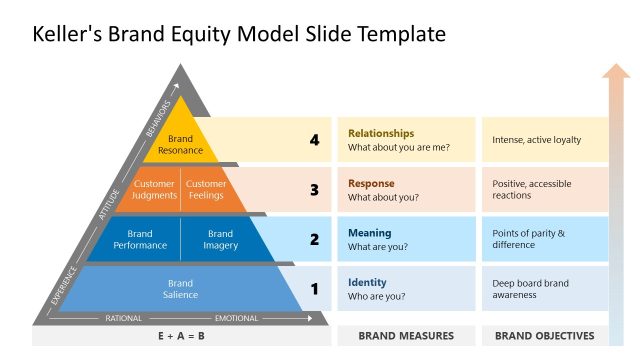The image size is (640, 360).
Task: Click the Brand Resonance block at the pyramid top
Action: click(180, 145)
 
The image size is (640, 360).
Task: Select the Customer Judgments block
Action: click(154, 189)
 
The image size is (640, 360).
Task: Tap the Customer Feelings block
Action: click(206, 189)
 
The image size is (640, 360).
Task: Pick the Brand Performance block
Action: click(140, 239)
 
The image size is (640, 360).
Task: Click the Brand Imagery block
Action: click(220, 239)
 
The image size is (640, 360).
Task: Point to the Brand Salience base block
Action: click(180, 289)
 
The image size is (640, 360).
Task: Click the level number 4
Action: click(314, 140)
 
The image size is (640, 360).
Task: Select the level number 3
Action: click(314, 189)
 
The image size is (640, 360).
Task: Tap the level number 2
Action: click(314, 239)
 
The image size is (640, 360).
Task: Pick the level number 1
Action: click(314, 289)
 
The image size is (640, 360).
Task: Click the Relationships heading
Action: click(381, 133)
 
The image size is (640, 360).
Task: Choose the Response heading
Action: click(371, 183)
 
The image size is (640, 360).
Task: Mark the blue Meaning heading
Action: click(369, 233)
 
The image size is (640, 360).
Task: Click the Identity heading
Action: click(367, 282)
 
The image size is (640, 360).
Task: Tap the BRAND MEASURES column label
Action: click(406, 336)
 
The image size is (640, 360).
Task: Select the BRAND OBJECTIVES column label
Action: click(544, 336)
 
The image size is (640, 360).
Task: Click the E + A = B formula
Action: click(180, 336)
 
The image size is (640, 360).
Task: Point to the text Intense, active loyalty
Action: click(536, 140)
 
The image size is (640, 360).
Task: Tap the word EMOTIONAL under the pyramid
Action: click(236, 318)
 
